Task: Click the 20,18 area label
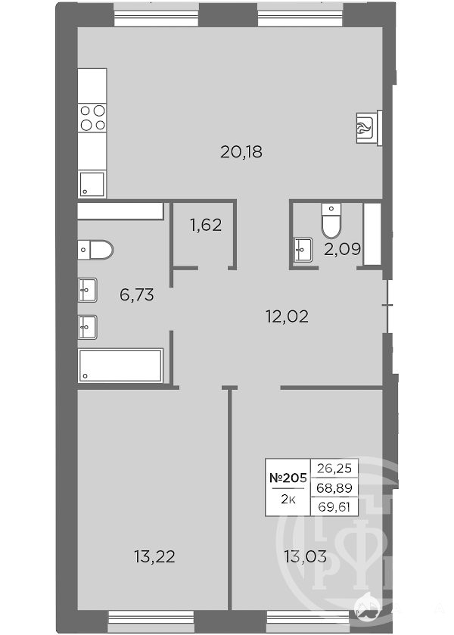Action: tap(241, 152)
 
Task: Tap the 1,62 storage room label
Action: tap(206, 225)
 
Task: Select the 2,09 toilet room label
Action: tap(342, 249)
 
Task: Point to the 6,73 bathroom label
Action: tap(137, 295)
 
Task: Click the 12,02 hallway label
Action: tap(287, 316)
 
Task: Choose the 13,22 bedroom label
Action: tap(154, 557)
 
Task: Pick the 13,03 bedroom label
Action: tap(306, 557)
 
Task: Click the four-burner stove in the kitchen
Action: tap(93, 117)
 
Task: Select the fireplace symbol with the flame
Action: tap(368, 127)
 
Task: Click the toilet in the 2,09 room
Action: tap(331, 221)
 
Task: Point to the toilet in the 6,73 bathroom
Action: tap(95, 250)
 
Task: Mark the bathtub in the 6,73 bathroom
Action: tap(121, 366)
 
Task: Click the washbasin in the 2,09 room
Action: tap(303, 251)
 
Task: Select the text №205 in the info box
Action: tap(288, 478)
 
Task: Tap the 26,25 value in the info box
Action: tap(334, 468)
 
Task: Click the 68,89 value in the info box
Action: tap(334, 487)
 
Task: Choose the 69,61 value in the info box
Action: tap(334, 506)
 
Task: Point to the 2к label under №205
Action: tap(288, 499)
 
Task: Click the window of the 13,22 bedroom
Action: tap(152, 618)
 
